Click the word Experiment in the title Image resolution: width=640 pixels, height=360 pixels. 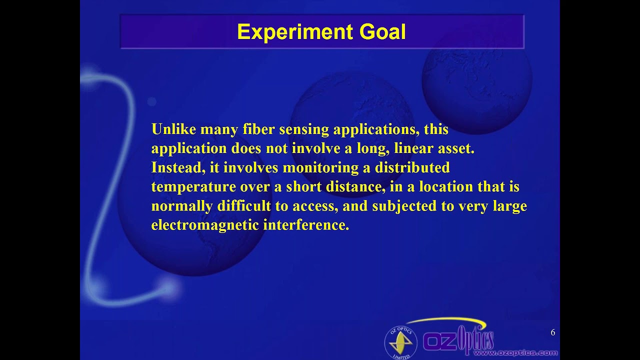click(x=295, y=32)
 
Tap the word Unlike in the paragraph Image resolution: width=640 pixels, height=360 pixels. click(x=173, y=129)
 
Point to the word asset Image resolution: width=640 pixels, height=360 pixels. click(x=455, y=148)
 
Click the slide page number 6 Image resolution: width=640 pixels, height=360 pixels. click(x=552, y=332)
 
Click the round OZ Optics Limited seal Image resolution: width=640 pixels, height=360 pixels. click(x=400, y=342)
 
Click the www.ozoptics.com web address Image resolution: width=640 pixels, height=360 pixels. click(x=515, y=353)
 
